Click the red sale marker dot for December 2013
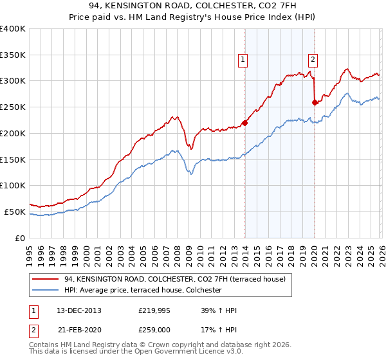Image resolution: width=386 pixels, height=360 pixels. click(x=244, y=123)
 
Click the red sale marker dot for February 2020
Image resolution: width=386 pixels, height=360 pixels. click(x=315, y=102)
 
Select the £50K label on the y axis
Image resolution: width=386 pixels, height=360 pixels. click(x=15, y=212)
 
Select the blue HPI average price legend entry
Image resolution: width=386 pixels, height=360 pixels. click(x=143, y=291)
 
